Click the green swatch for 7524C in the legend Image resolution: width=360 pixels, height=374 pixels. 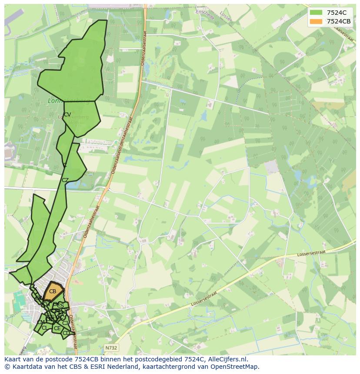316,13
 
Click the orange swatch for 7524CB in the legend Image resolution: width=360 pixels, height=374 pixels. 316,21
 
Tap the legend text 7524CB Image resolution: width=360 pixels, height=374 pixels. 339,21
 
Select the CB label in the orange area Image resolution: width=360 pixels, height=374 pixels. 53,291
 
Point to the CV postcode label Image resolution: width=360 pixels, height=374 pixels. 67,115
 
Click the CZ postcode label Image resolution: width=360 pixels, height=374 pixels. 65,180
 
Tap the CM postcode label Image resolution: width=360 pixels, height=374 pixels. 41,322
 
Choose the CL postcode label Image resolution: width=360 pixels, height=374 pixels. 45,328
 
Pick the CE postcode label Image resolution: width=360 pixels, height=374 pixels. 57,328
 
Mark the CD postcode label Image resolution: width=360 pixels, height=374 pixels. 66,333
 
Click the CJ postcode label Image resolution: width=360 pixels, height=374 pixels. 65,323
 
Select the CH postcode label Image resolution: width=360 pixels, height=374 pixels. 46,304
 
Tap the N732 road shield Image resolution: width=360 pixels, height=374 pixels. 111,348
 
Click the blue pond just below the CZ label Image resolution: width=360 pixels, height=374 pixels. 72,185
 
